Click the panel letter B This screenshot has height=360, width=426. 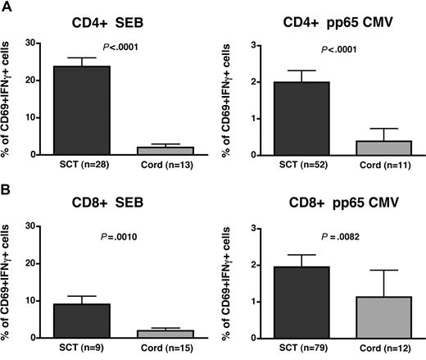click(x=7, y=193)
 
